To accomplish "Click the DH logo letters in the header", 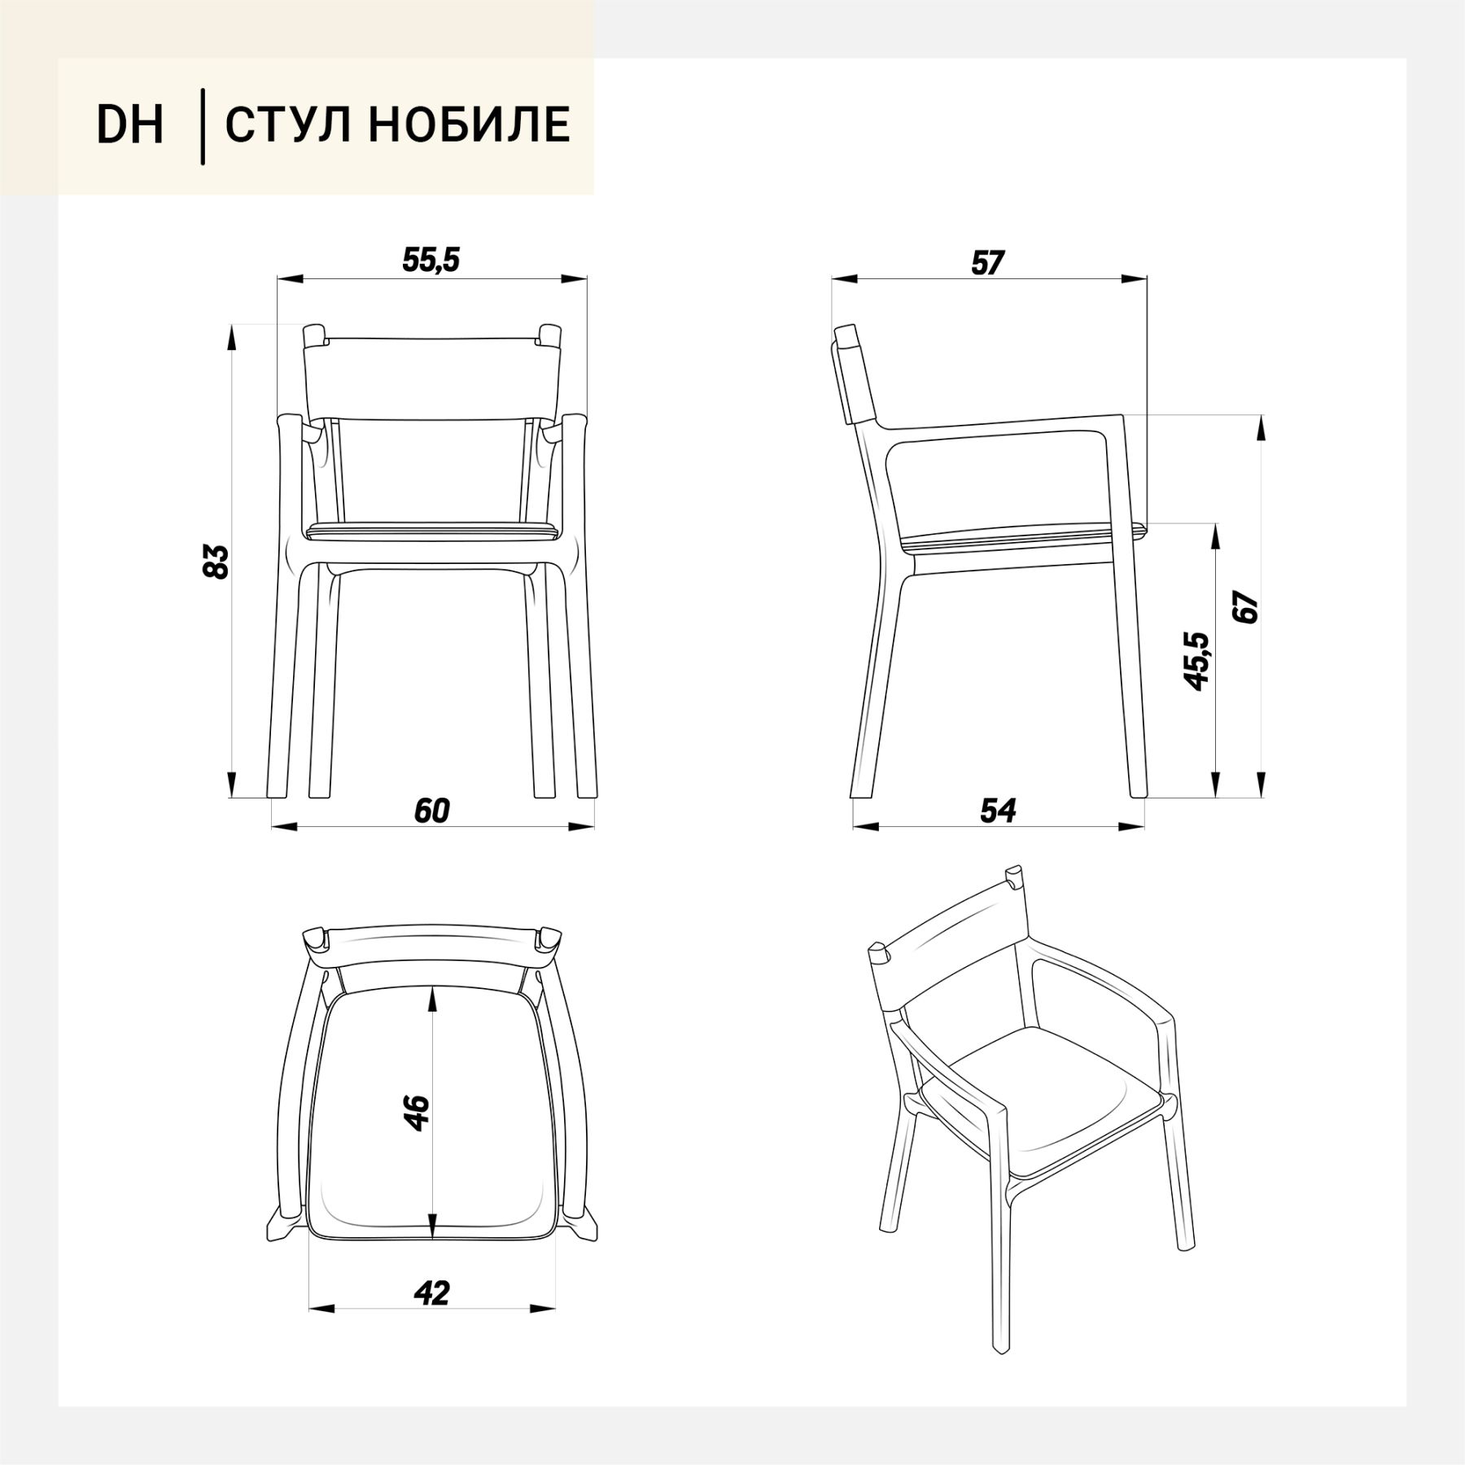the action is [130, 125].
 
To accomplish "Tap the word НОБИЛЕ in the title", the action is [468, 125].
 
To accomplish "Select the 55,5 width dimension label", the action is [431, 260].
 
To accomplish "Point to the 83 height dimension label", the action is [216, 562].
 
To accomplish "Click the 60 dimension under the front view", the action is [431, 811].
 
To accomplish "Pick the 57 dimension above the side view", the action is [988, 263].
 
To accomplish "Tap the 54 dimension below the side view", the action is [998, 811].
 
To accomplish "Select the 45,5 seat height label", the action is [1196, 661].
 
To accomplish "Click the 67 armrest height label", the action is [1245, 608].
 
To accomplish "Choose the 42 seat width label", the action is [431, 1315].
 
